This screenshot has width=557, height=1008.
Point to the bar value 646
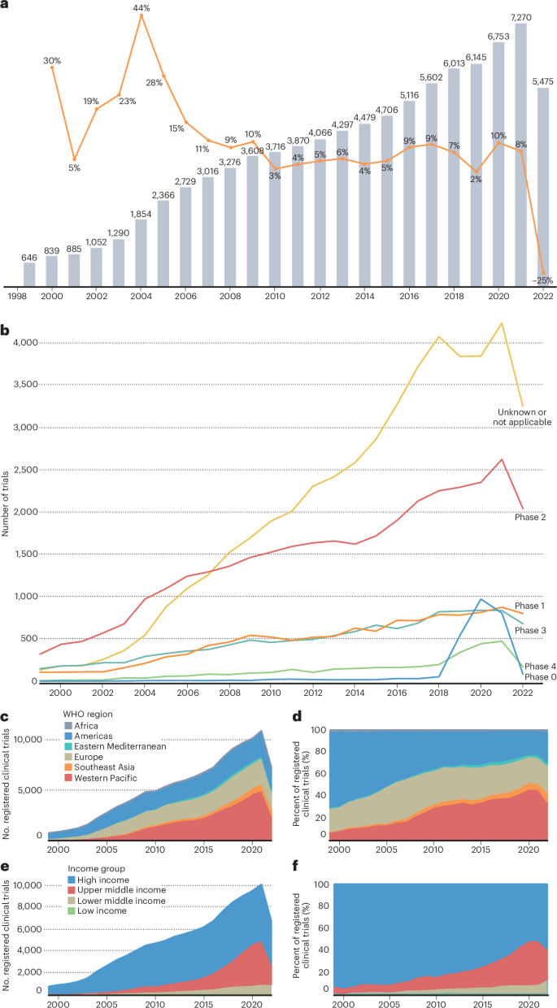29,257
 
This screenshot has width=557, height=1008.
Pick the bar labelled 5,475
543,187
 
